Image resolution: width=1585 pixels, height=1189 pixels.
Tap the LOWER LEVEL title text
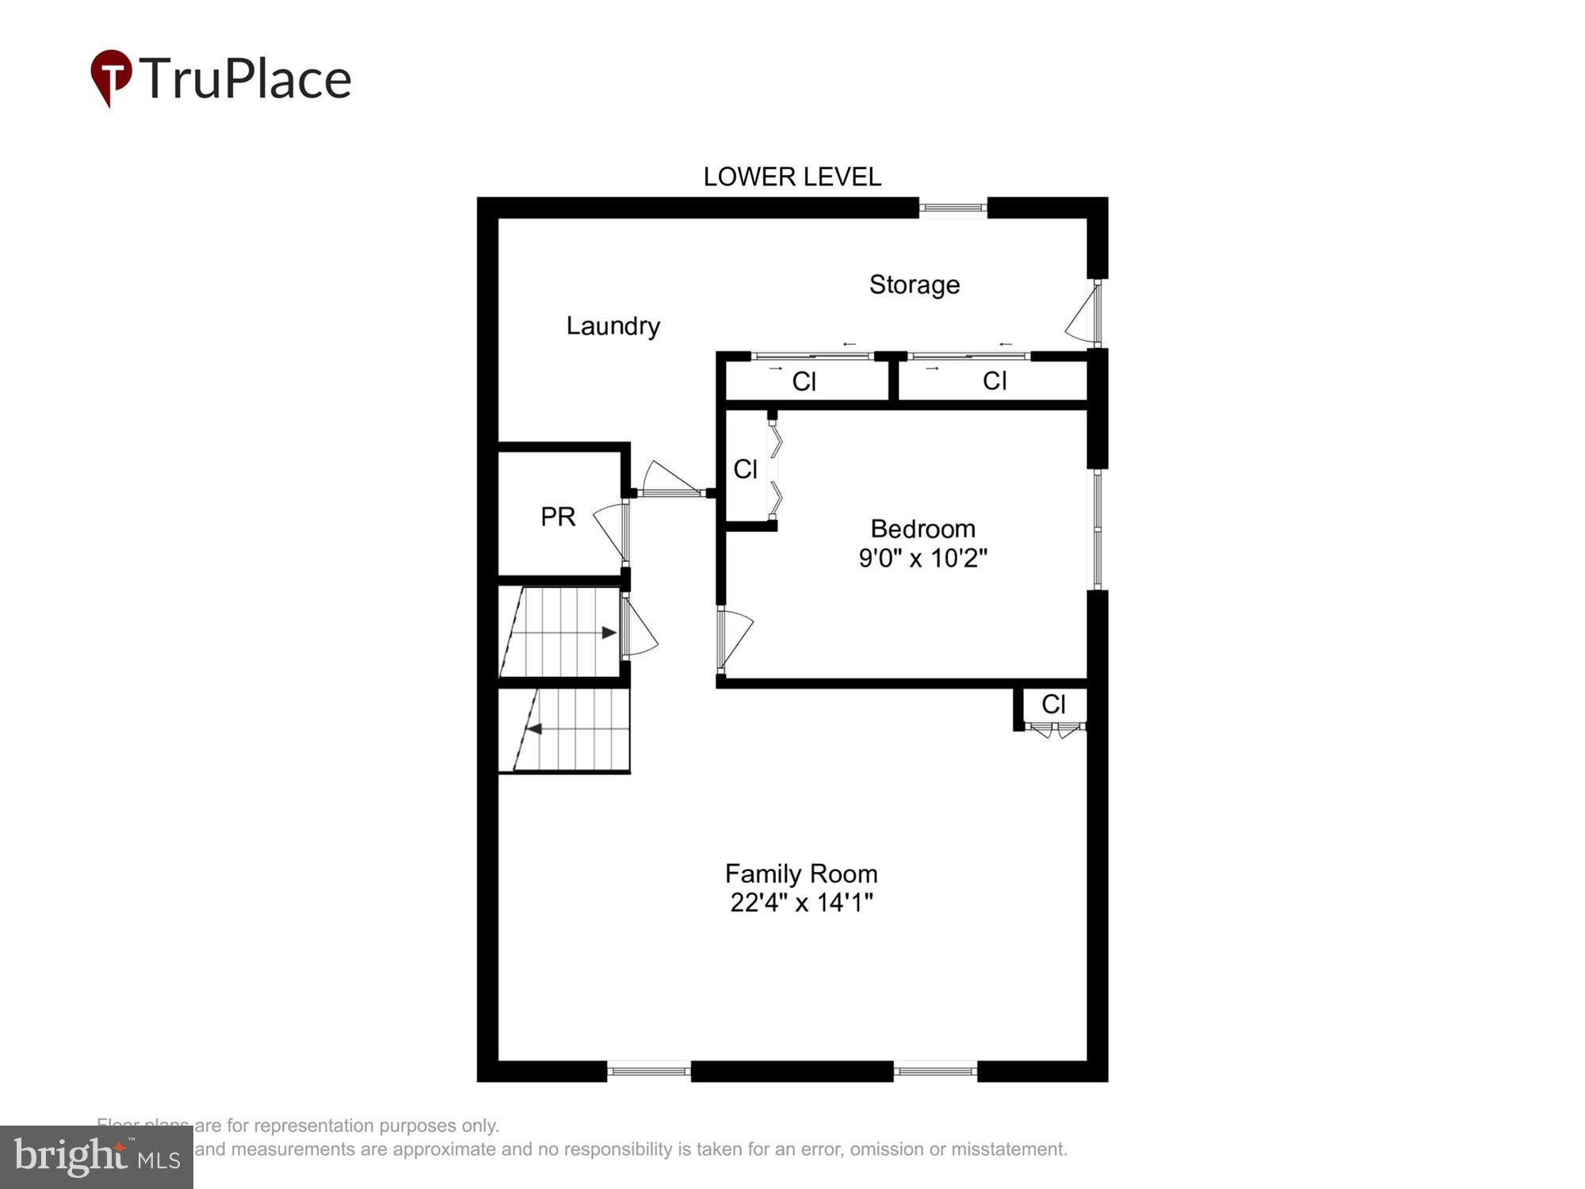click(x=792, y=177)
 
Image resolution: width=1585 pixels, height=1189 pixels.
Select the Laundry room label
click(x=613, y=326)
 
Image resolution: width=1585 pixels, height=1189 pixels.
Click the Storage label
click(x=914, y=285)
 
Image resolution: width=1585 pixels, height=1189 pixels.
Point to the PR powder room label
click(x=557, y=517)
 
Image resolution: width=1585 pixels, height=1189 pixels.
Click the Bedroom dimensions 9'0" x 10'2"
click(x=922, y=558)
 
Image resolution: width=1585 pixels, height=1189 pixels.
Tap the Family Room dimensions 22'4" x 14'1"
click(x=801, y=902)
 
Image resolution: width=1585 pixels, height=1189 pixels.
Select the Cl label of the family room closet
click(x=1053, y=704)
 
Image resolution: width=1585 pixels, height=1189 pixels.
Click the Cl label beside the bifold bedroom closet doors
click(x=745, y=469)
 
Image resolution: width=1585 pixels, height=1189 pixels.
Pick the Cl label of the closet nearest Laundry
click(x=804, y=381)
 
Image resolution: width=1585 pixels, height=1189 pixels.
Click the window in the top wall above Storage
click(x=953, y=208)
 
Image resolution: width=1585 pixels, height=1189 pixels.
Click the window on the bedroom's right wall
click(x=1098, y=529)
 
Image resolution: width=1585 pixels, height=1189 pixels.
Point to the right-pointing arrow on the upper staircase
click(x=609, y=633)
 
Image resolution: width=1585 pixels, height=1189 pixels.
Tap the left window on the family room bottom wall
click(x=648, y=1071)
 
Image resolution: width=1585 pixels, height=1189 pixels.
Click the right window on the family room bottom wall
click(x=935, y=1071)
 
